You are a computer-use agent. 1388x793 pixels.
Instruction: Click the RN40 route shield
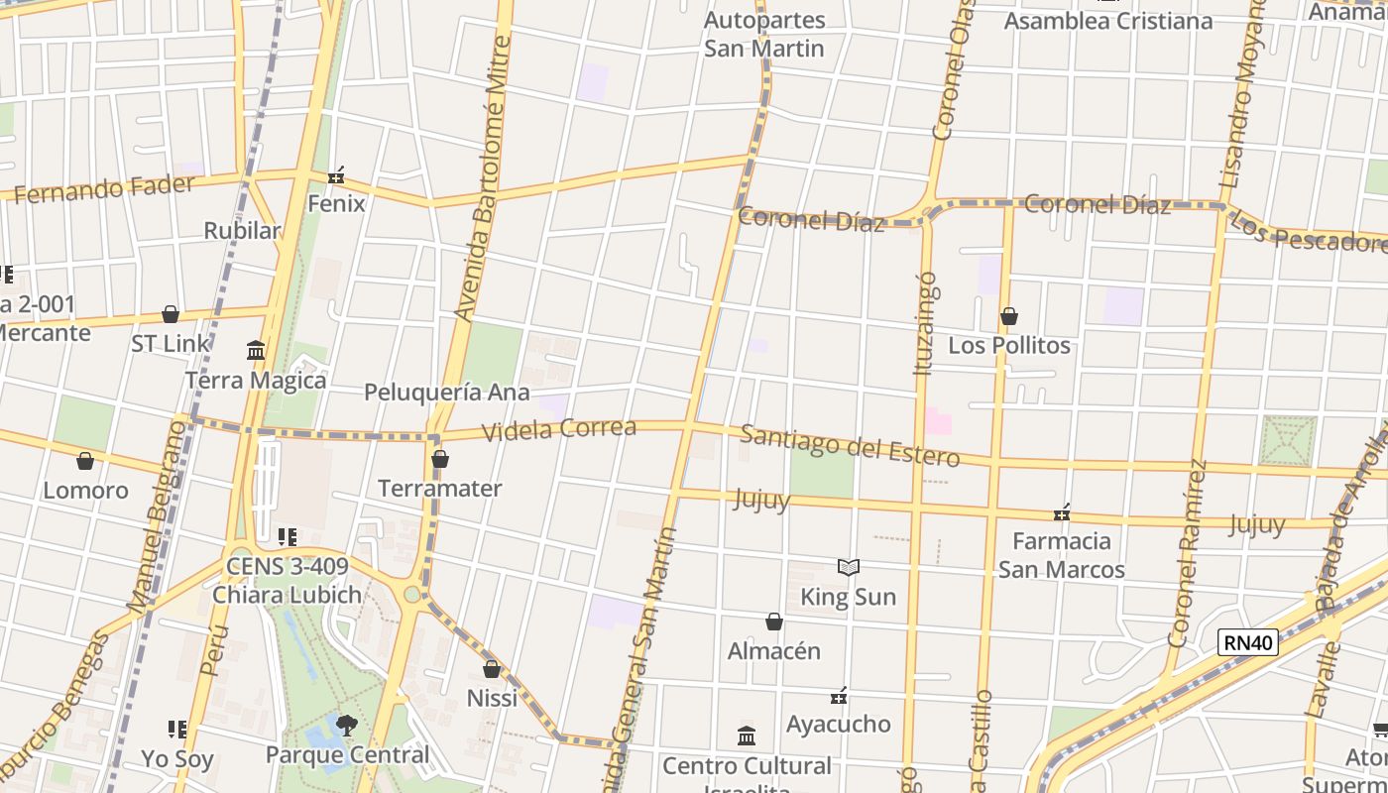[1247, 643]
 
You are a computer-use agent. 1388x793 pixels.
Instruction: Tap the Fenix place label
[336, 204]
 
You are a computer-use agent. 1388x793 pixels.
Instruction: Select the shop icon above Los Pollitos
[1008, 317]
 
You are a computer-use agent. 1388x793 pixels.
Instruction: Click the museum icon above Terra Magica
[256, 350]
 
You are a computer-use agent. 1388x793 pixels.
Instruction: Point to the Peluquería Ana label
[446, 393]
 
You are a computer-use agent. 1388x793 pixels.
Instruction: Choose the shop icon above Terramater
[440, 460]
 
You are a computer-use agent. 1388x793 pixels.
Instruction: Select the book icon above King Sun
[848, 568]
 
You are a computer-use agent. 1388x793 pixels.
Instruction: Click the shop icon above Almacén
[774, 623]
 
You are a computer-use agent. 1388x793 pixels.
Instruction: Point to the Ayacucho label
[838, 725]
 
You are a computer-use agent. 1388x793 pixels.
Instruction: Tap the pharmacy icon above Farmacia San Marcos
[1062, 512]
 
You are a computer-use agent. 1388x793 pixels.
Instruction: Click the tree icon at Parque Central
[346, 726]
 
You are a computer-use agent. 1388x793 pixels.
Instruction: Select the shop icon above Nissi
[492, 669]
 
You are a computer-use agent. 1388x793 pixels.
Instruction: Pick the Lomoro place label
[85, 491]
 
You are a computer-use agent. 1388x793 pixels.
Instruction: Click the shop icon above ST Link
[171, 315]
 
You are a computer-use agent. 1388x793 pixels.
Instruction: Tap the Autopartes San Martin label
[763, 34]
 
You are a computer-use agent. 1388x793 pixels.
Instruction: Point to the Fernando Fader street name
[103, 187]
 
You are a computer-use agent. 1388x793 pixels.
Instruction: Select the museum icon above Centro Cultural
[747, 736]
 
